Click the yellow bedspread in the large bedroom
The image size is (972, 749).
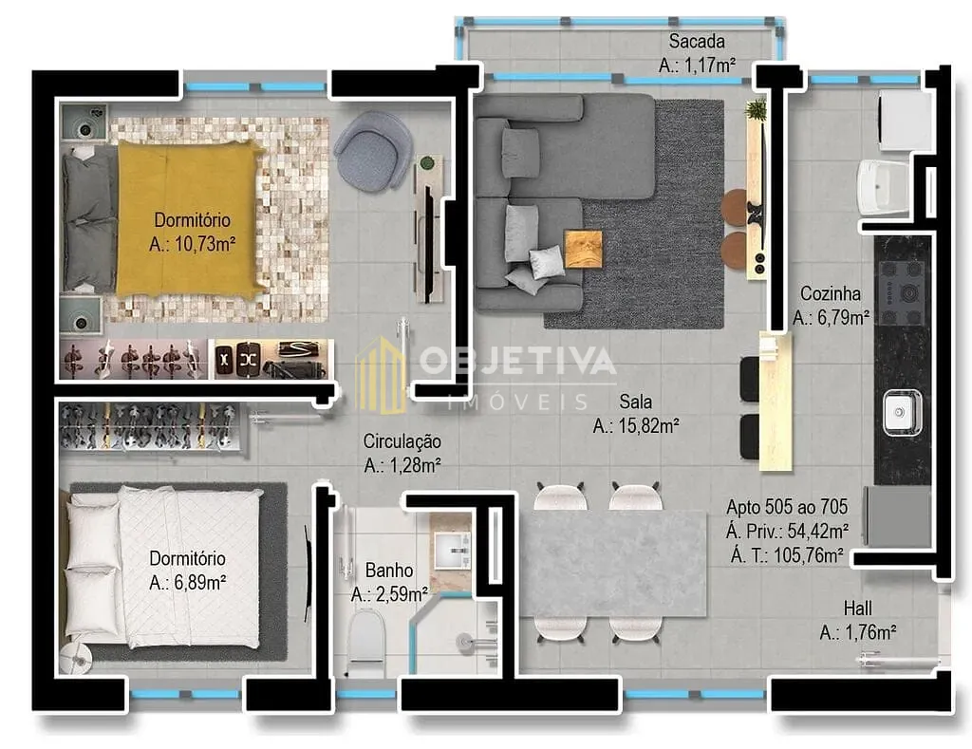pyautogui.click(x=186, y=218)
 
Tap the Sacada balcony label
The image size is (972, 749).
pyautogui.click(x=697, y=42)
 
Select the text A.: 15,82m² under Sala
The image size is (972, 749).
pyautogui.click(x=636, y=426)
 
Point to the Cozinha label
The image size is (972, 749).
pyautogui.click(x=830, y=293)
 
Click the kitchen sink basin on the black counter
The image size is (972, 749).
pyautogui.click(x=902, y=412)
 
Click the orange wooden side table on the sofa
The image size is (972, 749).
pyautogui.click(x=583, y=249)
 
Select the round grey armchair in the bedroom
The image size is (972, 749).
pyautogui.click(x=372, y=151)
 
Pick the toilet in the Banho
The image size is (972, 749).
pyautogui.click(x=365, y=643)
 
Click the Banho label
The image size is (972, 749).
pyautogui.click(x=388, y=570)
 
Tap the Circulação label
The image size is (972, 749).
pyautogui.click(x=402, y=441)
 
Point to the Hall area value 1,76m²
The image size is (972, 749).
pyautogui.click(x=870, y=632)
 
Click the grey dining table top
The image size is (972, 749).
pyautogui.click(x=614, y=564)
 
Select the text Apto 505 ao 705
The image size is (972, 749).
pyautogui.click(x=787, y=507)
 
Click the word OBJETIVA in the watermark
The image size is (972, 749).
pyautogui.click(x=517, y=360)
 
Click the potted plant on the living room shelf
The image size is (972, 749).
pyautogui.click(x=757, y=110)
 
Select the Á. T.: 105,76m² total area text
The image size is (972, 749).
pyautogui.click(x=787, y=555)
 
